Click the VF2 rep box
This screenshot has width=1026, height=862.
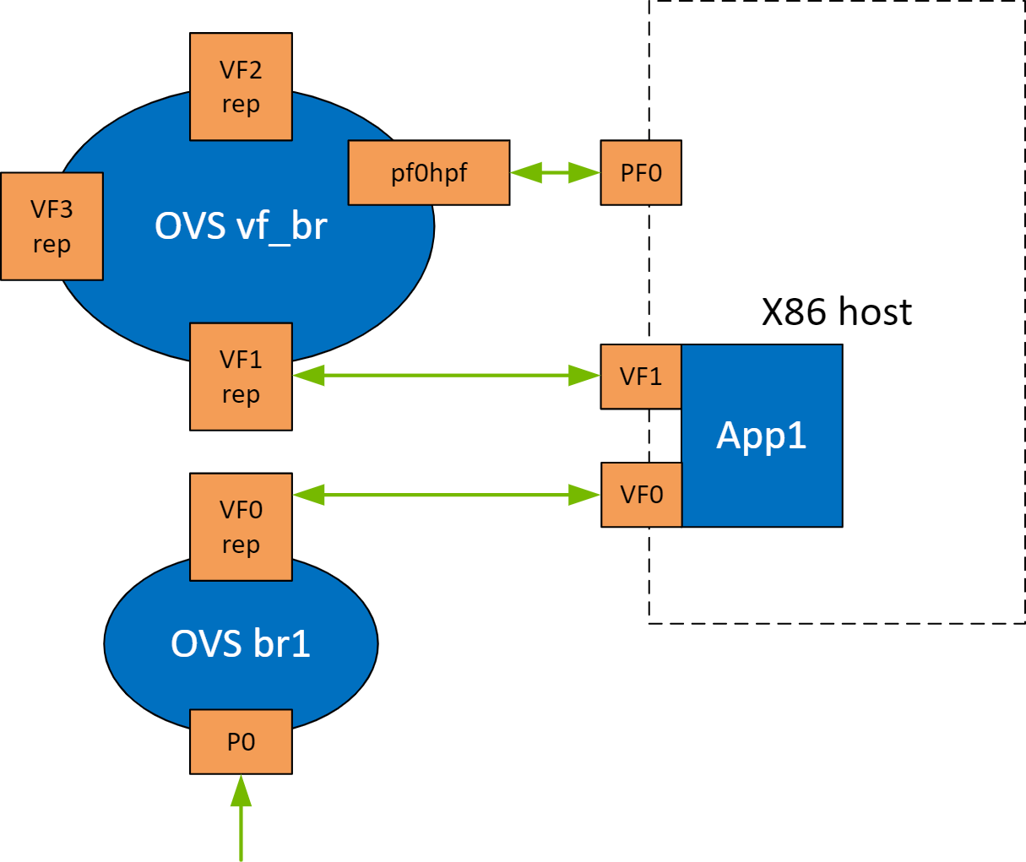241,87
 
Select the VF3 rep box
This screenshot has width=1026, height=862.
52,226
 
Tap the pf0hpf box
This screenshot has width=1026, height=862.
429,173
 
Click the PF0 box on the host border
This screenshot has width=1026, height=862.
641,173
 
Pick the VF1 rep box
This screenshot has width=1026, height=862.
241,377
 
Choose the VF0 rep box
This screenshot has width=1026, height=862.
241,527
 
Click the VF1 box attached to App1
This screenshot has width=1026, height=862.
641,377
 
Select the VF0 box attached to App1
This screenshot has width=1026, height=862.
641,495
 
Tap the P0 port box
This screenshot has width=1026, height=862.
241,742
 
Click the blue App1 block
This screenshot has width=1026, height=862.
762,436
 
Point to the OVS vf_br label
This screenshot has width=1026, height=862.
241,226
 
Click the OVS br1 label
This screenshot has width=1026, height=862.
241,643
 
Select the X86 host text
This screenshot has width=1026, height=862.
836,312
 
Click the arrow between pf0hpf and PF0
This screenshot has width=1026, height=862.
555,173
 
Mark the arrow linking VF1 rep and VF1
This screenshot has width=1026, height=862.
446,376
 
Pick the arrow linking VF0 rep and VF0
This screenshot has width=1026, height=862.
446,495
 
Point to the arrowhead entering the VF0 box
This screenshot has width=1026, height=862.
585,495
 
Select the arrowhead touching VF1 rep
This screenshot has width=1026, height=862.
308,376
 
